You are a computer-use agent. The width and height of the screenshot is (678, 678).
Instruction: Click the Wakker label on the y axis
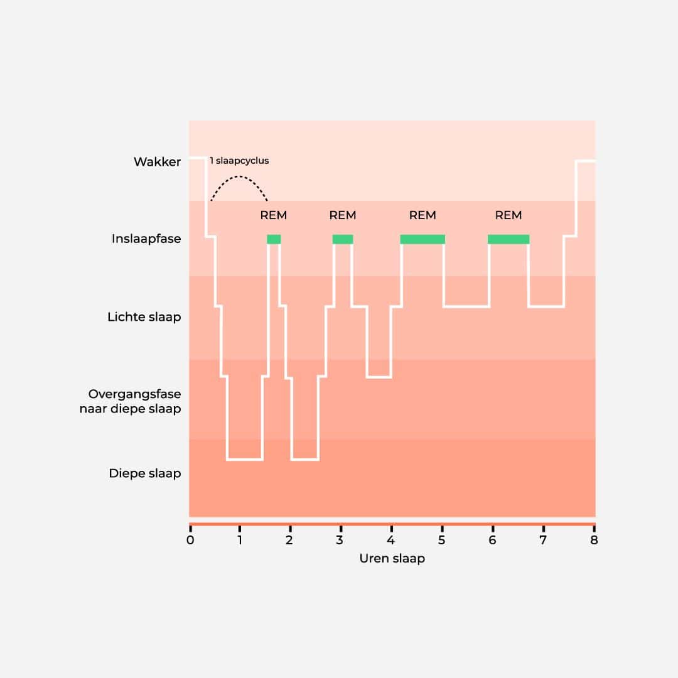click(x=157, y=162)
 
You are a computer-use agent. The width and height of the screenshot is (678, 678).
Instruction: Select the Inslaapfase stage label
click(x=146, y=239)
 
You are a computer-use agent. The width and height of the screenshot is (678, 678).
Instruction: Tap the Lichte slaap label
click(x=144, y=317)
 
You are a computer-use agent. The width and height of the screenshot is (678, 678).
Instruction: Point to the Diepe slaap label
click(x=144, y=473)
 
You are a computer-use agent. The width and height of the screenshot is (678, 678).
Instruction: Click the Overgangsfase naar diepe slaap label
click(x=134, y=402)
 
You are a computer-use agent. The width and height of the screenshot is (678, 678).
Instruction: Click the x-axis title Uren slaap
click(x=392, y=558)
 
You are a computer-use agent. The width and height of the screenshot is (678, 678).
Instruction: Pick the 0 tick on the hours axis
click(x=190, y=540)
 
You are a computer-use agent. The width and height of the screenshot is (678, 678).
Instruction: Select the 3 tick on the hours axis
click(x=340, y=540)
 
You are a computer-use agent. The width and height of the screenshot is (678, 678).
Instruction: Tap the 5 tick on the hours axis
click(x=442, y=540)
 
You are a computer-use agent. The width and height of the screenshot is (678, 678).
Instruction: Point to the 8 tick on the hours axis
click(x=594, y=540)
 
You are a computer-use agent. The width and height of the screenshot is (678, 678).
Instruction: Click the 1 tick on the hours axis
click(x=240, y=540)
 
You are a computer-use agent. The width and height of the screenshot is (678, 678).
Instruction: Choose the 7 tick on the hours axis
click(x=543, y=540)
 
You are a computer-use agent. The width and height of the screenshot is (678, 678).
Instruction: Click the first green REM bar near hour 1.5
click(x=274, y=239)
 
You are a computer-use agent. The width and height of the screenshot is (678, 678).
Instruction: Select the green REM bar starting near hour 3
click(x=343, y=239)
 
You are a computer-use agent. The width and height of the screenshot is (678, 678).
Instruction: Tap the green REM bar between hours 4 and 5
click(x=422, y=239)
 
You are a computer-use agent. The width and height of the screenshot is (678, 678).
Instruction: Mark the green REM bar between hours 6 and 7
click(x=508, y=239)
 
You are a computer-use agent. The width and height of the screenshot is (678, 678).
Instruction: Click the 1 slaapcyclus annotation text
click(x=239, y=161)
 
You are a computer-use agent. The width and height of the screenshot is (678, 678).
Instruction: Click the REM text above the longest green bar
click(x=422, y=215)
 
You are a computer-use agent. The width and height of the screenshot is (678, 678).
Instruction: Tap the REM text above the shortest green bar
click(x=274, y=215)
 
